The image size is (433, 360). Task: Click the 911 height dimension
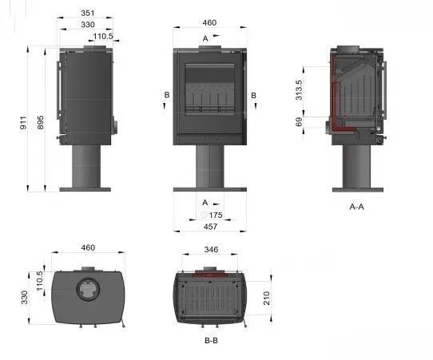[x=23, y=123]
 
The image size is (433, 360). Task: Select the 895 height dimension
[x=40, y=123]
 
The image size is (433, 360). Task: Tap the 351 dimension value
[x=88, y=13]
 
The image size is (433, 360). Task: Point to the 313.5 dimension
[x=299, y=90]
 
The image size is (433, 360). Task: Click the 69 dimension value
[x=299, y=121]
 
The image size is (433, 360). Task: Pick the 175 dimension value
[x=216, y=215]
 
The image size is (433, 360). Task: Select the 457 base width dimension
[x=210, y=227]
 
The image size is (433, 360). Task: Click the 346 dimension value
[x=211, y=249]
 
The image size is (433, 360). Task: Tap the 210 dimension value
[x=267, y=298]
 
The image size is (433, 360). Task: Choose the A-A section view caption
[x=357, y=207]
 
